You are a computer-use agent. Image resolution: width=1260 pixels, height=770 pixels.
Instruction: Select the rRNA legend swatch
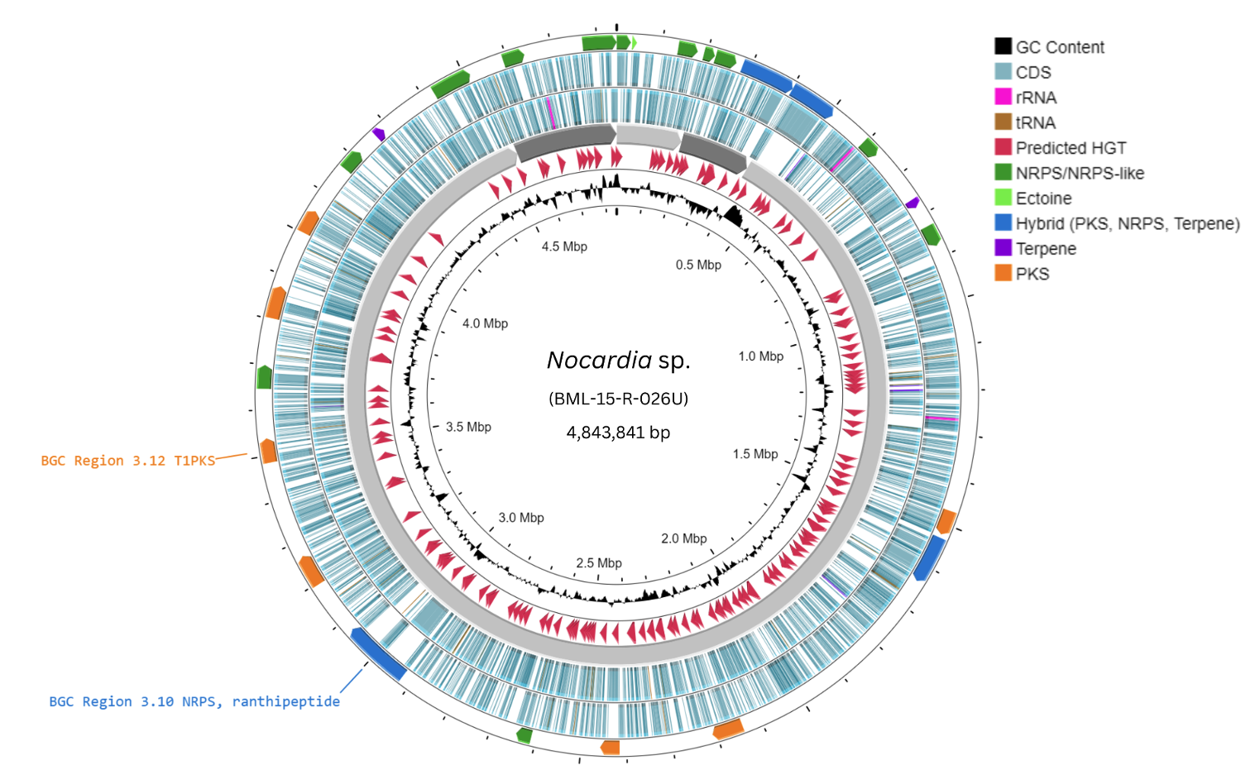(1003, 97)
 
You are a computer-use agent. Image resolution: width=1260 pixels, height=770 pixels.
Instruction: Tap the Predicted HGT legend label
(1071, 148)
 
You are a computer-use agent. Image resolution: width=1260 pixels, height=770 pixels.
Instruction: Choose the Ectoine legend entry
(1042, 198)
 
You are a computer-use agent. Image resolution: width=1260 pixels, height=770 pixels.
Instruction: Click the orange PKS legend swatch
(1003, 273)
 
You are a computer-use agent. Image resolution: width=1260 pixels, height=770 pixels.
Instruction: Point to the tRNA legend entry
(1035, 122)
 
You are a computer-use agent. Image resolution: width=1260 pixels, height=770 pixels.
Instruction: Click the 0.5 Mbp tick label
(698, 265)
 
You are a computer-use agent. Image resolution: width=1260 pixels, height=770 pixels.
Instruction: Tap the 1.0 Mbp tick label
(760, 356)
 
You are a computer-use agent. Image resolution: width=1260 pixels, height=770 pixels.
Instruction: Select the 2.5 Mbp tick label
(599, 563)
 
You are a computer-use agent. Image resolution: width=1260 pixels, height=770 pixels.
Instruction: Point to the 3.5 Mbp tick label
(468, 427)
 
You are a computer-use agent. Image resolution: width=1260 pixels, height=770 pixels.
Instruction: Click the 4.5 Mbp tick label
(564, 246)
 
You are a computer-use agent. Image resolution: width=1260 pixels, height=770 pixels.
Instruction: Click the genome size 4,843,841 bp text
(618, 433)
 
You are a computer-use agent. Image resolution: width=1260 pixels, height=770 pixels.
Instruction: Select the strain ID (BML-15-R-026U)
(618, 399)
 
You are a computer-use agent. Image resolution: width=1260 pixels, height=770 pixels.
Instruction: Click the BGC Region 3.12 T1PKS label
(128, 461)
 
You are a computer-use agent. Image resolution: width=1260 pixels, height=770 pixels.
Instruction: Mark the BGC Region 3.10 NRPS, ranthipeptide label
(194, 701)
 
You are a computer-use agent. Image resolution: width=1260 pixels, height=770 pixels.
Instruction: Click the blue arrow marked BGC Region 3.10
(378, 653)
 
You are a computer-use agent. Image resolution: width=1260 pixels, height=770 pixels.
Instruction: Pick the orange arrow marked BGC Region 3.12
(268, 451)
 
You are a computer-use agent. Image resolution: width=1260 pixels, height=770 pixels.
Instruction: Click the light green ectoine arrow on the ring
(634, 42)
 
